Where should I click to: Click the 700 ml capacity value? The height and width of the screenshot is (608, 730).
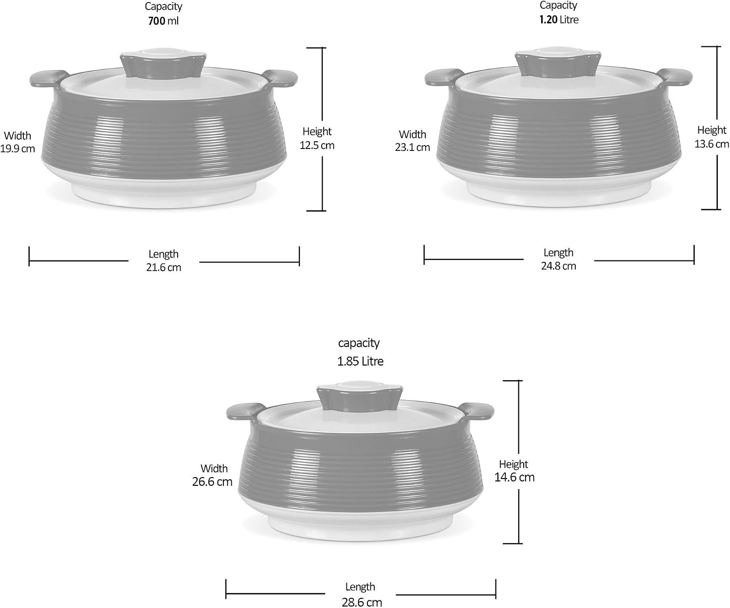163,21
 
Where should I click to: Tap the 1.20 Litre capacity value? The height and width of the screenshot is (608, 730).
559,19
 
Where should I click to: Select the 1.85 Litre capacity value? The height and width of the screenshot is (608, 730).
360,361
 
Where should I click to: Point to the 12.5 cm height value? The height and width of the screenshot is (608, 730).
317,145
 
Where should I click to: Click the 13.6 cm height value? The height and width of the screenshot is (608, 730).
712,144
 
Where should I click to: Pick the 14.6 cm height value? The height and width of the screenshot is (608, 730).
514,477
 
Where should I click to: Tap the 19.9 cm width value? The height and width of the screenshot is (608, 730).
18,148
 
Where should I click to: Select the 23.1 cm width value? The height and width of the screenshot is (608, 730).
413,147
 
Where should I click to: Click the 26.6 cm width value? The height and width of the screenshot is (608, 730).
212,482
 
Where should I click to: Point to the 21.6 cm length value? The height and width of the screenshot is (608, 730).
164,267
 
